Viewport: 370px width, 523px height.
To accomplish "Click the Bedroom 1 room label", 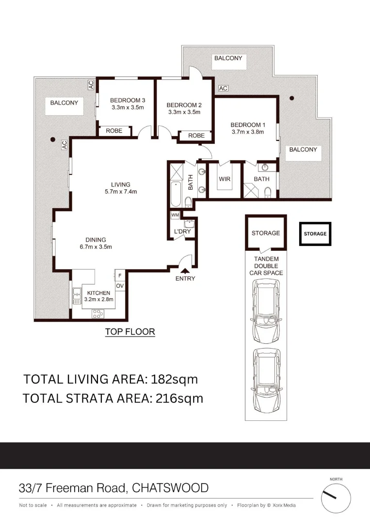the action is point(248,125).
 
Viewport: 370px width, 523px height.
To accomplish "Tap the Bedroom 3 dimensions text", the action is point(128,108).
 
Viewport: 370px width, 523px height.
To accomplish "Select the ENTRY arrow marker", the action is point(185,271).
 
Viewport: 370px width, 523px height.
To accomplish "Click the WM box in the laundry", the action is point(175,215).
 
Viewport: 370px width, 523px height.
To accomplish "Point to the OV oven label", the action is point(120,286).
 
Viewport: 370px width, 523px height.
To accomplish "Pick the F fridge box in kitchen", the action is point(120,276).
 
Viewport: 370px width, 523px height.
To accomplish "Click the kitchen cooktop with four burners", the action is point(98,314).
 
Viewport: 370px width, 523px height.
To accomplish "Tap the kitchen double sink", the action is point(77,296).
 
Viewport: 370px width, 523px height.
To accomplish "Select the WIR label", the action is point(225,179).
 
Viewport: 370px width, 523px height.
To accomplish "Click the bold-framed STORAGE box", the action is point(315,233).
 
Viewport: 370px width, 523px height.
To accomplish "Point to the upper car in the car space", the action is point(266,311).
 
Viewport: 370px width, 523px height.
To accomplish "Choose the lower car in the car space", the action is point(266,381).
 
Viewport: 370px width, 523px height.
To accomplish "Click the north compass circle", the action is point(336,498).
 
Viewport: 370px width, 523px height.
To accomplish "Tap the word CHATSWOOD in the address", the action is point(170,488).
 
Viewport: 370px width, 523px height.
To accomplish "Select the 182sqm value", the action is point(174,379).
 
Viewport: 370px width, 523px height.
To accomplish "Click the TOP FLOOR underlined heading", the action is point(130,332).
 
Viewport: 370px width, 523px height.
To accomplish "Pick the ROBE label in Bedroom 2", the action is point(196,136).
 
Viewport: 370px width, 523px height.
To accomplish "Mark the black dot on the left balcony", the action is point(53,139).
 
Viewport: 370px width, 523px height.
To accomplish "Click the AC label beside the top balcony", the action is point(223,89).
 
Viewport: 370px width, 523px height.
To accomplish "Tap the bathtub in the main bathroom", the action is point(176,195).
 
